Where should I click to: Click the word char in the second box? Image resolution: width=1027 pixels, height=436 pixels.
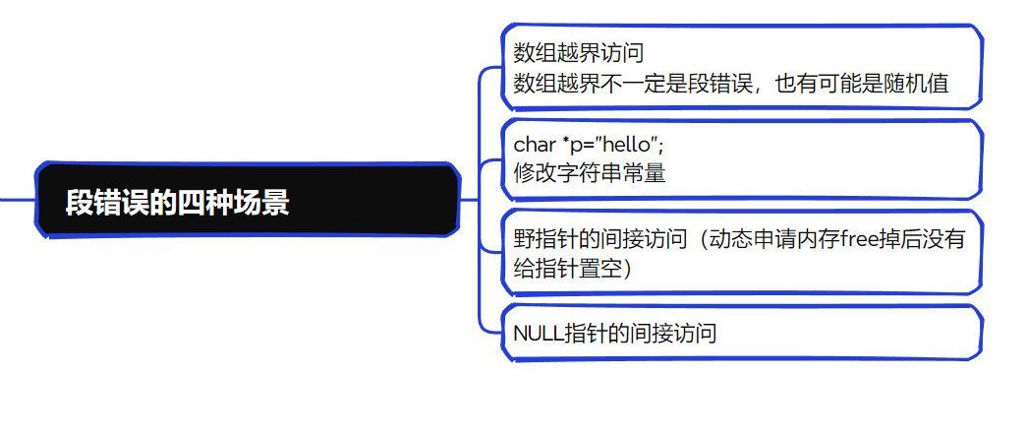[x=535, y=145]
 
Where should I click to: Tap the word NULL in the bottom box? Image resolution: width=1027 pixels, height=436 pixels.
[x=539, y=333]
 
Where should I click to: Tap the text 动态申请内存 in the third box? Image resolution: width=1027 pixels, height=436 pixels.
[x=769, y=238]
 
